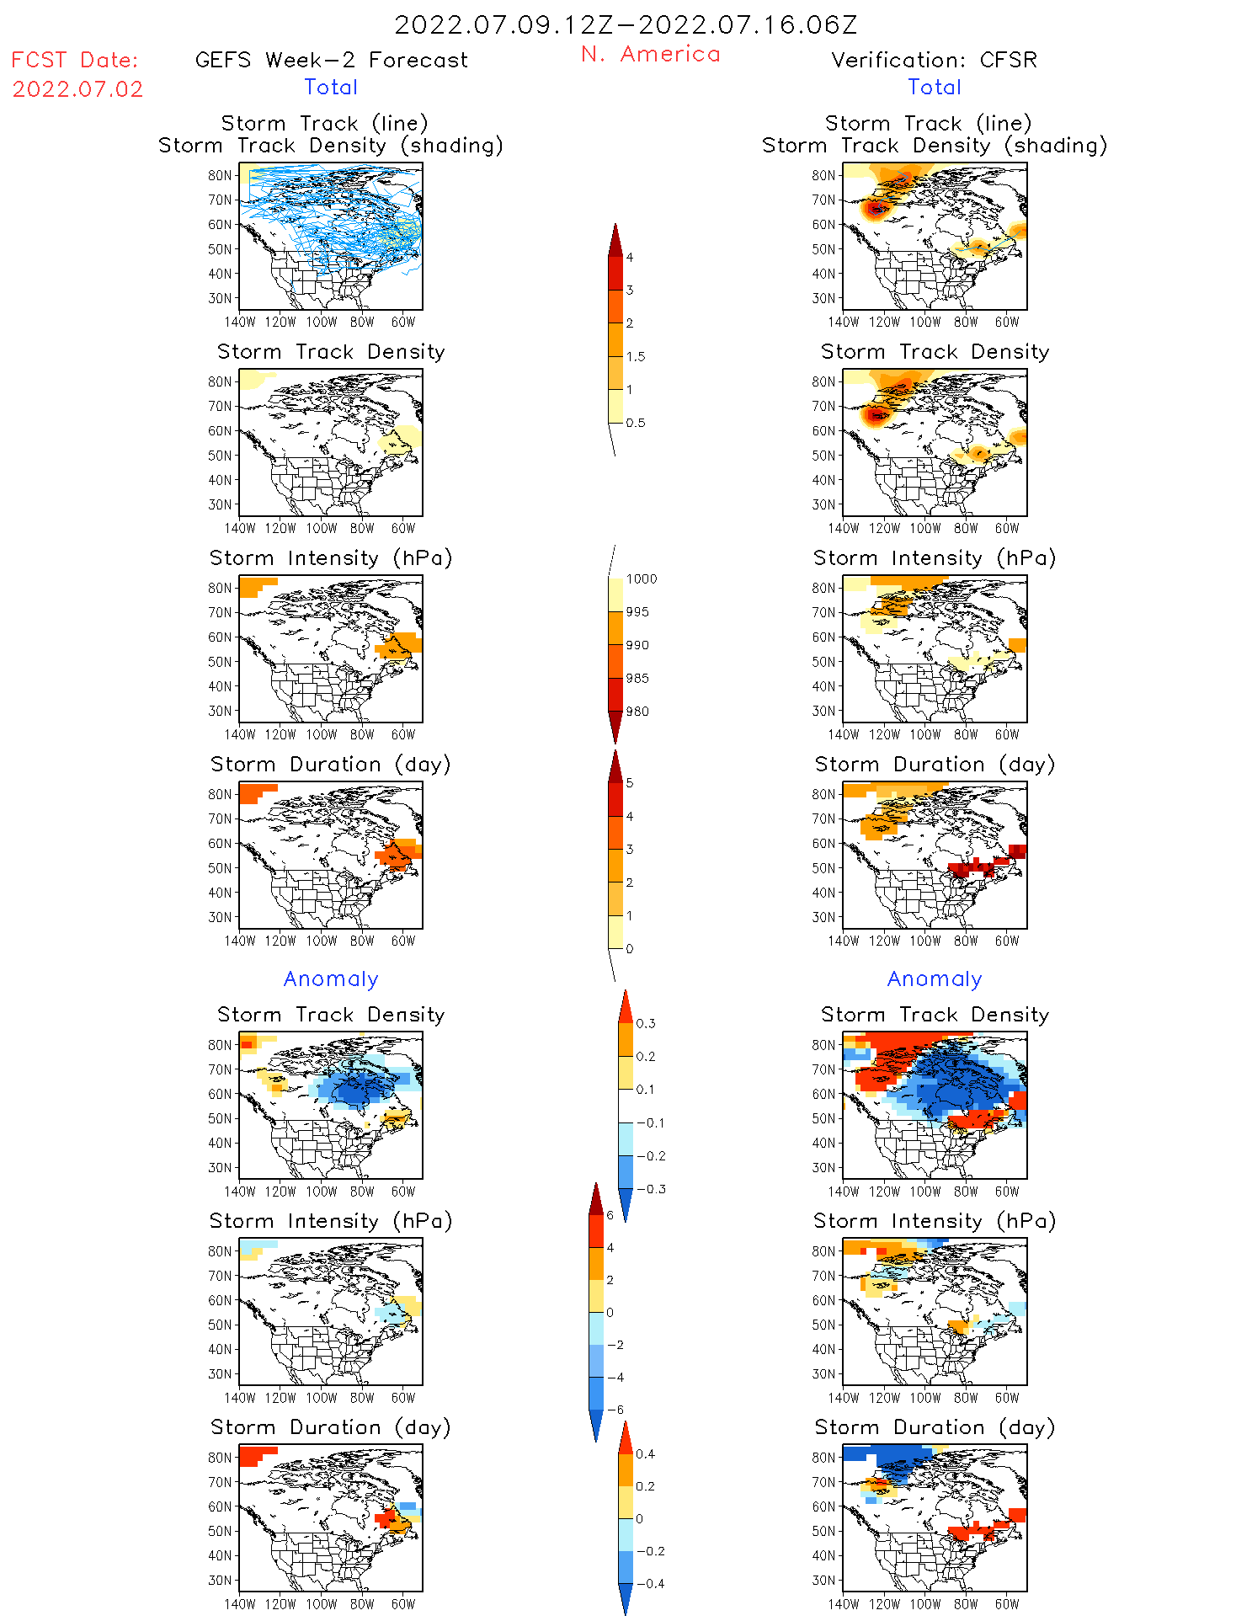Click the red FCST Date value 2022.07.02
(77, 89)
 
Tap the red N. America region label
(650, 55)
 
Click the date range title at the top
(626, 25)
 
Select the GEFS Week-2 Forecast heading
(331, 61)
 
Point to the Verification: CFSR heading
(934, 61)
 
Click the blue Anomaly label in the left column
(331, 979)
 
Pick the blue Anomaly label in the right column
(935, 979)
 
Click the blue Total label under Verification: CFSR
(935, 88)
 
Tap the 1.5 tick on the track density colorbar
(636, 357)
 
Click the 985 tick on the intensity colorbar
(637, 679)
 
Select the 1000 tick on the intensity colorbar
(641, 579)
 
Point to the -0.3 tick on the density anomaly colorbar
(651, 1190)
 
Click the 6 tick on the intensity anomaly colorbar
(610, 1216)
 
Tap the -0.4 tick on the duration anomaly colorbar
(650, 1584)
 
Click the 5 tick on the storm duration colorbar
(630, 783)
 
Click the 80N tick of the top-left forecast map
(220, 176)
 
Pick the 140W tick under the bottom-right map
(843, 1604)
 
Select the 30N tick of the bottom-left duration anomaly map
(220, 1581)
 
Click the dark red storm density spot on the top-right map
(876, 208)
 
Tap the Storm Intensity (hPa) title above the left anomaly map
(331, 1222)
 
